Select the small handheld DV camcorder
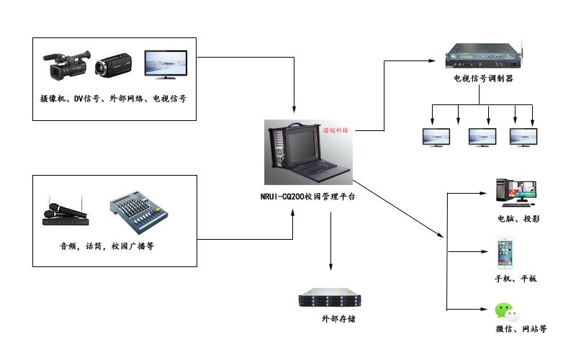112,66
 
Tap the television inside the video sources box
168,64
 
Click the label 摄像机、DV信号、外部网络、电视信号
113,98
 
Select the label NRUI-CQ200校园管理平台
307,197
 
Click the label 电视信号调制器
483,79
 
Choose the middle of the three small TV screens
482,137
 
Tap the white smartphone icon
508,254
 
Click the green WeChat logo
507,312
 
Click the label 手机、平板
515,279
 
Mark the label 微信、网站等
522,329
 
